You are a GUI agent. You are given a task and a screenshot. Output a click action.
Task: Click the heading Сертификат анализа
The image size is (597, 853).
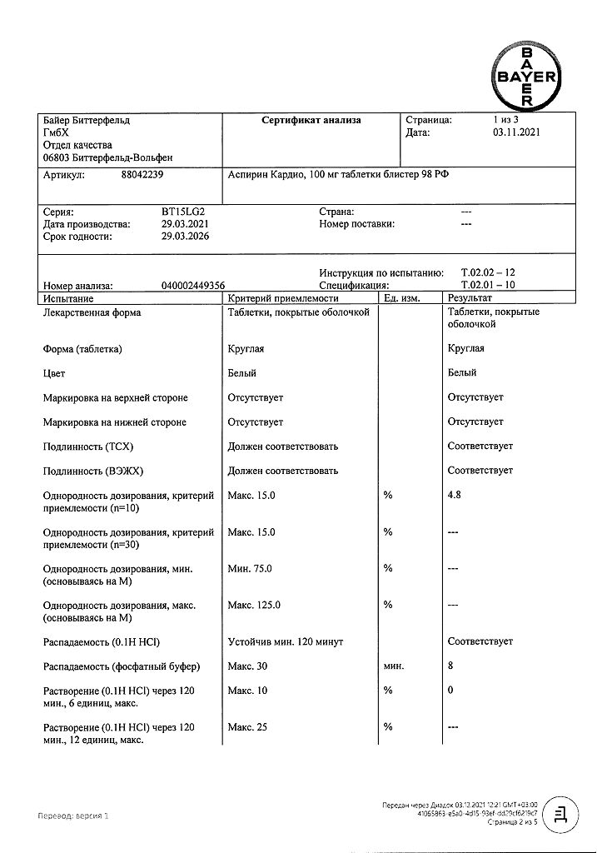[311, 120]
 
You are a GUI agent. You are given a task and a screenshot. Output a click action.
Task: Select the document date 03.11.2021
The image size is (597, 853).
[516, 132]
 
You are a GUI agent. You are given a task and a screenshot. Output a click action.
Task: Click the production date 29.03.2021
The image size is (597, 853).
[185, 224]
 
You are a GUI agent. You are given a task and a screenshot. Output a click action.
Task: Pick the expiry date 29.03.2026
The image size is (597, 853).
[185, 237]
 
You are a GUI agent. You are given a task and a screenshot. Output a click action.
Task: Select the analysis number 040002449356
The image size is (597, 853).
[193, 285]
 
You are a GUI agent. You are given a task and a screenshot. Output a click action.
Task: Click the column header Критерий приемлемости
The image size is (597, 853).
[283, 298]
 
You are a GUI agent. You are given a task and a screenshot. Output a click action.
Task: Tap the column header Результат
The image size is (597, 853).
[470, 298]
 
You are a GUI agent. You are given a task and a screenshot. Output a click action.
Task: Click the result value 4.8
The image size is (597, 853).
[455, 496]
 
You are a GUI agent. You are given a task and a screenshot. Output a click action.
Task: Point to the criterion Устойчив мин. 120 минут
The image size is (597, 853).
[285, 642]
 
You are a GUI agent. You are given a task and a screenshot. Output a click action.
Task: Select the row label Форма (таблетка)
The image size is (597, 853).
[82, 349]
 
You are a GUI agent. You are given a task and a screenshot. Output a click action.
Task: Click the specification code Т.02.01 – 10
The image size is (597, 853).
[488, 285]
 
